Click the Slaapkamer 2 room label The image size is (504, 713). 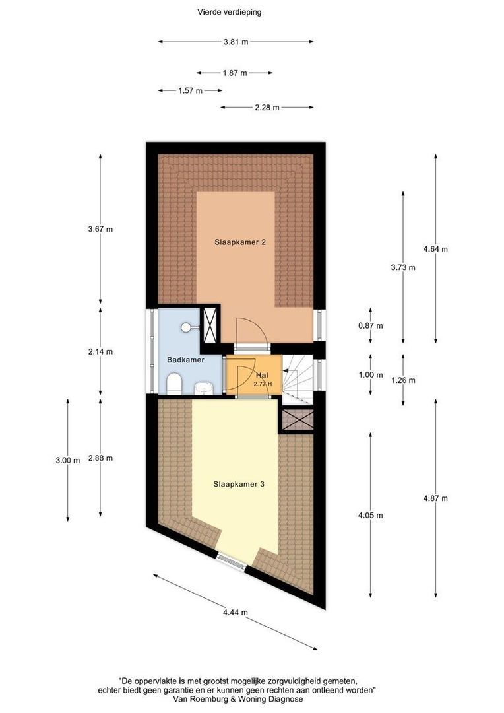coord(240,242)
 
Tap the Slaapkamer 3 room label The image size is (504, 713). coord(239,485)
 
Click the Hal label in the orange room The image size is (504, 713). coord(262,376)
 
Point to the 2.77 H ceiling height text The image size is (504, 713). coord(263,384)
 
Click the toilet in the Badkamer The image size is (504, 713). coord(175,384)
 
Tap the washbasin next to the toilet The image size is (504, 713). coord(204,388)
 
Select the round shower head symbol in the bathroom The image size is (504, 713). coord(186,327)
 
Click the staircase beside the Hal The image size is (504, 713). coord(298,380)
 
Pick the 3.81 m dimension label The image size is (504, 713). coord(236,42)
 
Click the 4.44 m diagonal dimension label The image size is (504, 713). coord(235,613)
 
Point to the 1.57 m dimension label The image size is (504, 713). coord(190,91)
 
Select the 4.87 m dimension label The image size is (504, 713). coord(435,498)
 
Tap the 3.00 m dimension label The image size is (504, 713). coord(68,461)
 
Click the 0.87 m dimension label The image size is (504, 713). coord(370,326)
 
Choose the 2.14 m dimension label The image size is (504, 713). coord(100,351)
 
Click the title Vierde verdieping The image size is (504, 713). coord(229,13)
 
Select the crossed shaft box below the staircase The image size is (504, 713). coord(298,420)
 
